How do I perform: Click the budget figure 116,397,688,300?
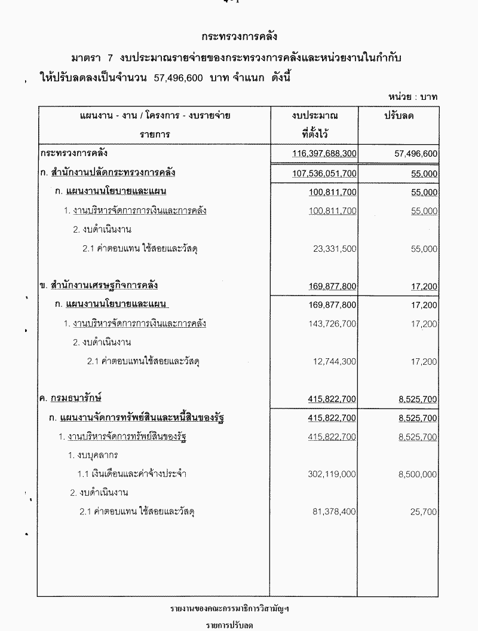pyautogui.click(x=324, y=154)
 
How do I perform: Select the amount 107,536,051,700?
pyautogui.click(x=324, y=173)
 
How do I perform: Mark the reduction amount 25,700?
pyautogui.click(x=424, y=512)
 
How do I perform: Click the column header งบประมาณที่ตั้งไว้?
pyautogui.click(x=314, y=124)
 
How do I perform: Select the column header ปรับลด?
pyautogui.click(x=399, y=115)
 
